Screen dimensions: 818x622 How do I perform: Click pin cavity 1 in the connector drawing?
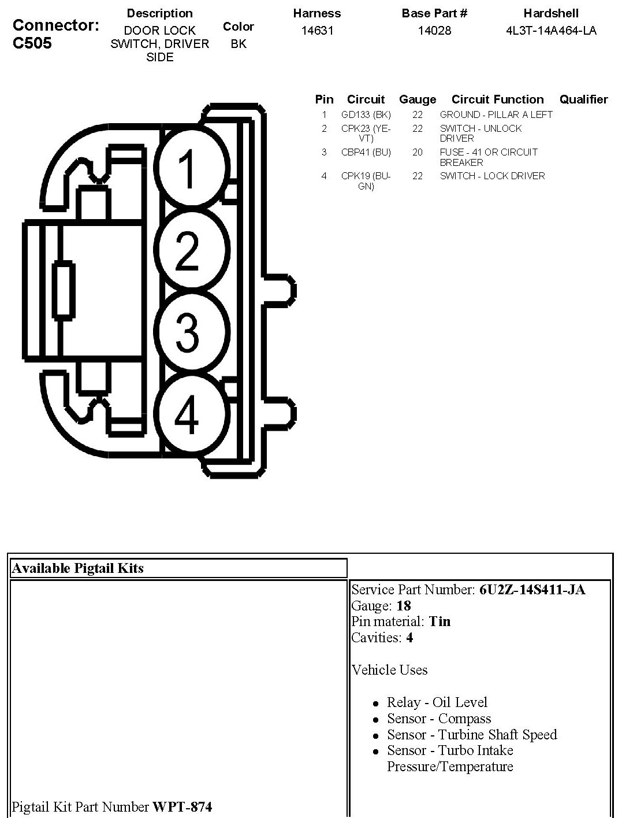[x=187, y=168]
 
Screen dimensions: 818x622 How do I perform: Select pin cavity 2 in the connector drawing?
[x=187, y=250]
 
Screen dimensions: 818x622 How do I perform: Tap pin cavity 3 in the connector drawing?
[x=187, y=332]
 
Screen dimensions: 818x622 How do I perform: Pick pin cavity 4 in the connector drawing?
[x=187, y=413]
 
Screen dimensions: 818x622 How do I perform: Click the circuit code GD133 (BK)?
[x=366, y=114]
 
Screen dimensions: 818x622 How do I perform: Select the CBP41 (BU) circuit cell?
[x=366, y=152]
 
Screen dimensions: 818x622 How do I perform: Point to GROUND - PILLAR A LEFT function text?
[x=496, y=114]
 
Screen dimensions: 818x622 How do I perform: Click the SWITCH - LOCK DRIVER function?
[x=492, y=176]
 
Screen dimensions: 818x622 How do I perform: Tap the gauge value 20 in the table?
[x=418, y=152]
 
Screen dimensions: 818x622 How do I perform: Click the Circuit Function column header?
[x=497, y=99]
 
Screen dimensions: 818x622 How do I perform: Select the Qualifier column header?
[x=583, y=99]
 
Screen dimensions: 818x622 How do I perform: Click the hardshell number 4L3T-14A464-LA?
[x=551, y=31]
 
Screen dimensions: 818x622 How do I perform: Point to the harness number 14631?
[x=317, y=31]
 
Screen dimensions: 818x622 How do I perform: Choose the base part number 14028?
[x=434, y=31]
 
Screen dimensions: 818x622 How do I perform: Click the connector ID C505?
[x=32, y=43]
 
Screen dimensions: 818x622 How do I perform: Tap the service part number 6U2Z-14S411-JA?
[x=532, y=590]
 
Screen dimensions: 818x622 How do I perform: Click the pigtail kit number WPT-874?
[x=182, y=806]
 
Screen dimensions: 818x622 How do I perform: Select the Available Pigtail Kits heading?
[x=77, y=568]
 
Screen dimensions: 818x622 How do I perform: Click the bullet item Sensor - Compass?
[x=439, y=719]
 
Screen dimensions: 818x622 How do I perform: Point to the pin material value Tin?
[x=440, y=621]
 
